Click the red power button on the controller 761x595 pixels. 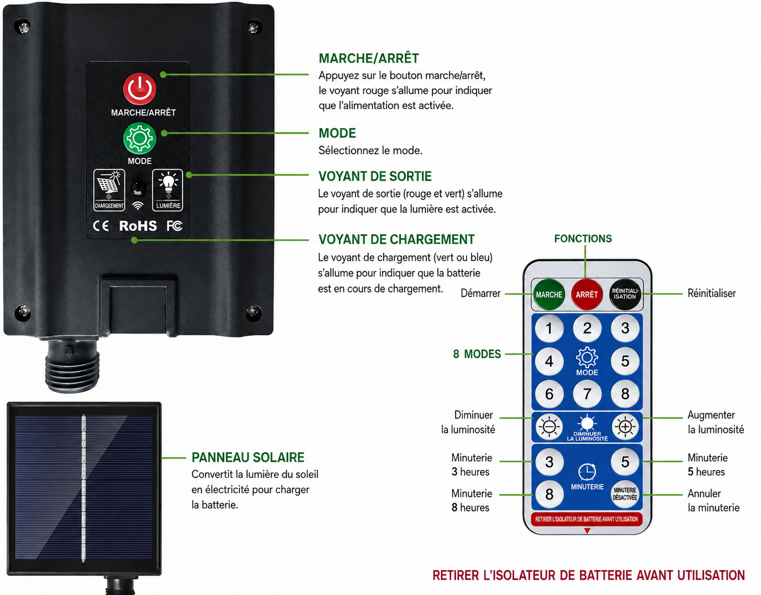pyautogui.click(x=140, y=89)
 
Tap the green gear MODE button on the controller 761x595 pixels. pyautogui.click(x=140, y=138)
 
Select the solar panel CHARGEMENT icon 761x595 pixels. pyautogui.click(x=109, y=190)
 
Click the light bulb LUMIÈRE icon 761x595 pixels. pyautogui.click(x=168, y=190)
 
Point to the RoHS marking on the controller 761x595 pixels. pyautogui.click(x=138, y=226)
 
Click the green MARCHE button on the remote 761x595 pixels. pyautogui.click(x=549, y=295)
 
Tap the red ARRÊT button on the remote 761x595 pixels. pyautogui.click(x=587, y=295)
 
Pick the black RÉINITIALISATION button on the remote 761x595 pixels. pyautogui.click(x=625, y=295)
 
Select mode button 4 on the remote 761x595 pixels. pyautogui.click(x=549, y=361)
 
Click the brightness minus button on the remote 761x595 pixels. pyautogui.click(x=549, y=427)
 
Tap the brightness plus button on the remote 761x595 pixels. pyautogui.click(x=625, y=427)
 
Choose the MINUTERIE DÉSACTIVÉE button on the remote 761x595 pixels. pyautogui.click(x=625, y=494)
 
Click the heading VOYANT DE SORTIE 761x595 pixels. pyautogui.click(x=375, y=177)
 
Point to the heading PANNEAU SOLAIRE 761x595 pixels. pyautogui.click(x=248, y=458)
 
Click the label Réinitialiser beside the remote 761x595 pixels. pyautogui.click(x=712, y=293)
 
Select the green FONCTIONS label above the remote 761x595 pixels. pyautogui.click(x=583, y=239)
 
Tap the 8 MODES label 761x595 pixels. pyautogui.click(x=477, y=354)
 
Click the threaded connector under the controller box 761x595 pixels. pyautogui.click(x=72, y=366)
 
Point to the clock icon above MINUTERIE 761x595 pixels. pyautogui.click(x=587, y=472)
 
